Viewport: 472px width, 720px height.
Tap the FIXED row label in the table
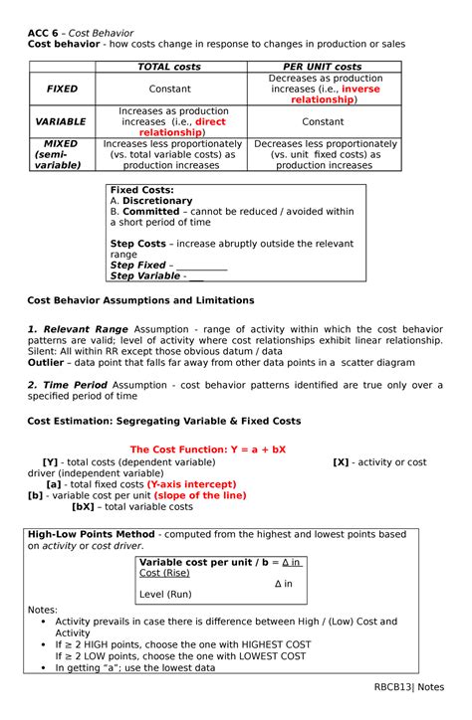tap(62, 89)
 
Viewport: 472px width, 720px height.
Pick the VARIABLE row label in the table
tap(62, 121)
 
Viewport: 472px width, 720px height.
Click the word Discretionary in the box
tap(157, 201)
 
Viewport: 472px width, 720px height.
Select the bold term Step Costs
tap(137, 244)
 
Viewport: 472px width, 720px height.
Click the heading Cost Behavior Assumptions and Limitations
tap(140, 299)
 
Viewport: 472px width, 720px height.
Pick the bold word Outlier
tap(46, 363)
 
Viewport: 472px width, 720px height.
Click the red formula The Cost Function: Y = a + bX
tap(208, 450)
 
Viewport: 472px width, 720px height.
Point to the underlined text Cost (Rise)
tap(165, 574)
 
